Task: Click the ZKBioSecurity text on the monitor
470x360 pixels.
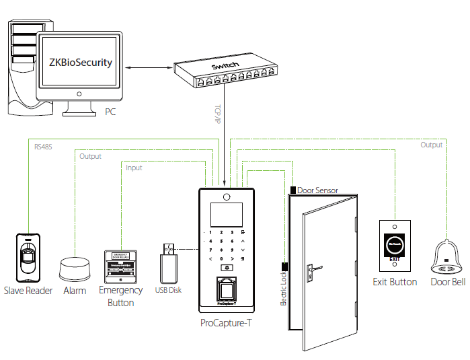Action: click(81, 63)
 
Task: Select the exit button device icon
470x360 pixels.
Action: click(395, 244)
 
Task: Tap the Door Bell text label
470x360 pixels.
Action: click(448, 282)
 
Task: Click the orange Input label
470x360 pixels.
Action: click(134, 168)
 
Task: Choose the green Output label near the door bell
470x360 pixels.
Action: click(432, 145)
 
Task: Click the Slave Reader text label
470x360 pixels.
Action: click(28, 291)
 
